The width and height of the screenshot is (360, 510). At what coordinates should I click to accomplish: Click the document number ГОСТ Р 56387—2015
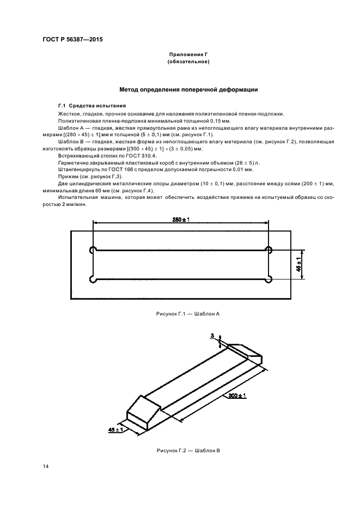point(72,40)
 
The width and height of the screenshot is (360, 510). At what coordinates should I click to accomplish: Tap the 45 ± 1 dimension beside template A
point(298,264)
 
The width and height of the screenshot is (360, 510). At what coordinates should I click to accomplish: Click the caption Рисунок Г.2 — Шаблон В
point(188,451)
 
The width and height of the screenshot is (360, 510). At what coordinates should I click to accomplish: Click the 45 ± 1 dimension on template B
point(116,430)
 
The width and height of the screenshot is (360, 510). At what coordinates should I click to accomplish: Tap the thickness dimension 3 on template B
point(212,337)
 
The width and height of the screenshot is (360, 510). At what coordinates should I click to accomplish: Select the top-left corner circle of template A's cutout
point(92,250)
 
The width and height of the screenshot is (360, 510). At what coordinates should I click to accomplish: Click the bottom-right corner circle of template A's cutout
point(269,279)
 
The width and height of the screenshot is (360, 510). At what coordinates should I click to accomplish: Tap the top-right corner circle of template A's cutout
point(269,250)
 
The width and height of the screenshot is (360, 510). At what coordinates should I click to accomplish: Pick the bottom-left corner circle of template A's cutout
point(92,279)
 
